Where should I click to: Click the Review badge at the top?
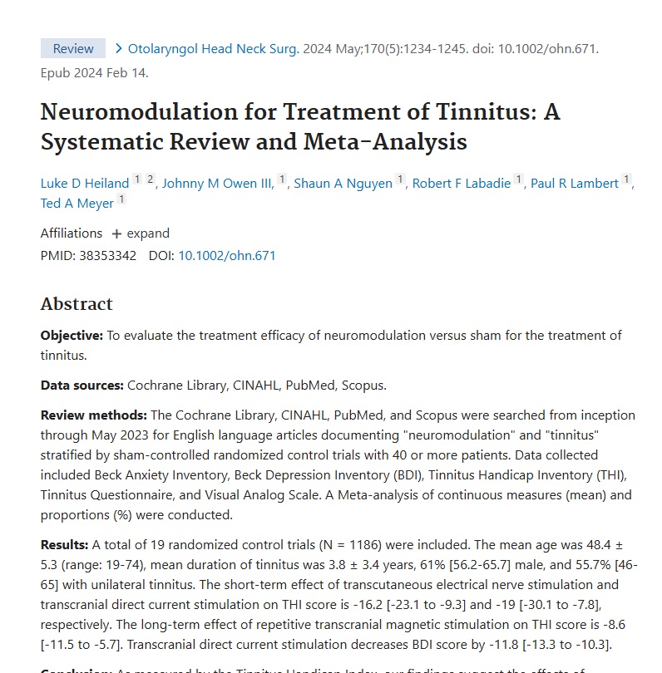tap(73, 48)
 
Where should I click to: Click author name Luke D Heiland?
tap(85, 184)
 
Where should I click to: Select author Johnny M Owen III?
tap(218, 184)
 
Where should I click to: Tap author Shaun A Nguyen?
tap(343, 184)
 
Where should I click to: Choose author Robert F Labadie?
tap(462, 184)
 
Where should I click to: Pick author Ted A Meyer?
tap(77, 204)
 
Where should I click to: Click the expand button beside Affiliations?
tap(141, 233)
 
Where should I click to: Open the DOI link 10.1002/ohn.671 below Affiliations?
tap(227, 256)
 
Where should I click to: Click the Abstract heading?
tap(77, 304)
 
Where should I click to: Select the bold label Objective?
tap(72, 336)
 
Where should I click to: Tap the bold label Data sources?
tap(82, 386)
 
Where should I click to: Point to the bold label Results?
tap(65, 545)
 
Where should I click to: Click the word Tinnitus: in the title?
tap(488, 111)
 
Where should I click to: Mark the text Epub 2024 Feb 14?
tap(94, 72)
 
